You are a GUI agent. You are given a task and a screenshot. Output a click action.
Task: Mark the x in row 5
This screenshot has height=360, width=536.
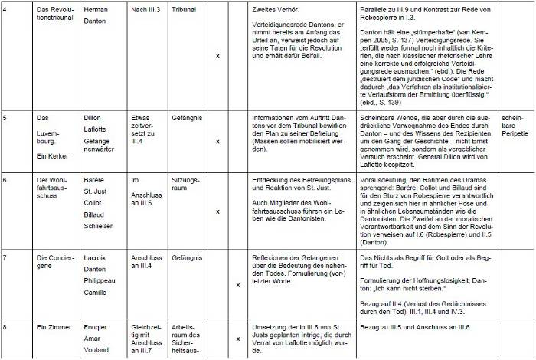coord(217,142)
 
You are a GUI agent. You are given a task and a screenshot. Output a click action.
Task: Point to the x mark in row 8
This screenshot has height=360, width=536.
coord(237,338)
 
